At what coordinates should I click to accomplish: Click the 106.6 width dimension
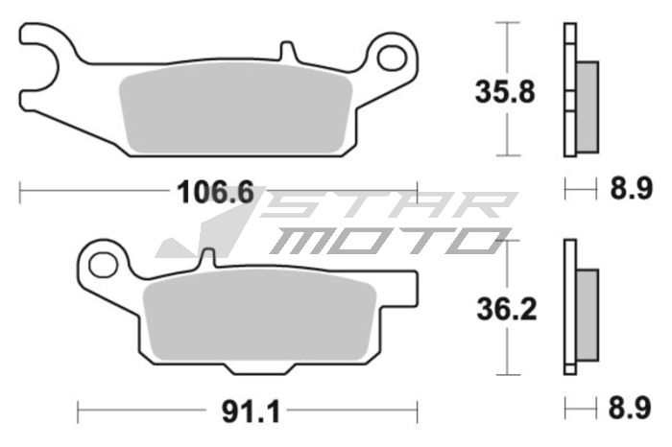[x=214, y=193]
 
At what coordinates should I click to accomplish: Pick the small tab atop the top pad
[x=285, y=51]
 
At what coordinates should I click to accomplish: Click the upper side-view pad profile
[x=578, y=92]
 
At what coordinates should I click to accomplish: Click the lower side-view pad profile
[x=578, y=310]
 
